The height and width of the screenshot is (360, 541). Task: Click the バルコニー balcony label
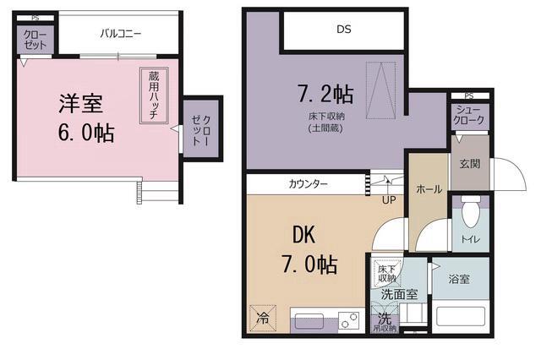click(121, 35)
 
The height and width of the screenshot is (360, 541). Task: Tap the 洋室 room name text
click(80, 104)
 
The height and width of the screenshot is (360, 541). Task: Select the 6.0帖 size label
click(87, 134)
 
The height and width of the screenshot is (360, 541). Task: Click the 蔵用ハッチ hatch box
click(154, 95)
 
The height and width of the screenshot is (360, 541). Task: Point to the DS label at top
click(343, 30)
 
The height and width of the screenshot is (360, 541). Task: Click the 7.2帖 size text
click(325, 91)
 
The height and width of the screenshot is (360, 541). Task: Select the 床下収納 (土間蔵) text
click(325, 122)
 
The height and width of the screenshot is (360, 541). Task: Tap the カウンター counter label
click(309, 183)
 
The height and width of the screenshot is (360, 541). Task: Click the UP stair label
click(389, 199)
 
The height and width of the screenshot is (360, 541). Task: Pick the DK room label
click(305, 234)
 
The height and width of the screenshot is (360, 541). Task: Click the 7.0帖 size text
click(310, 265)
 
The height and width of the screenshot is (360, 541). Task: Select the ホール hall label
click(429, 189)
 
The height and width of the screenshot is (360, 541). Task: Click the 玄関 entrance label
click(470, 163)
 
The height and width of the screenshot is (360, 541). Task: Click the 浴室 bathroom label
click(459, 279)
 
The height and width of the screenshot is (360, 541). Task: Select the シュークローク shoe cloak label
click(470, 116)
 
